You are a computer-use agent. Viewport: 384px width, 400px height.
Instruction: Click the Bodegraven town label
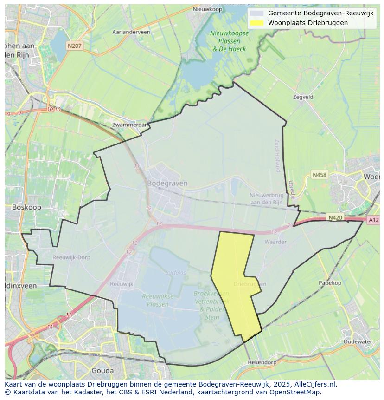click(x=167, y=183)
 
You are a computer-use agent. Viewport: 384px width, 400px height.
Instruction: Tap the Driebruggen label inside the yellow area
click(x=250, y=284)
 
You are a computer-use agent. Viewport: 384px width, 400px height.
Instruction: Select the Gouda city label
click(x=102, y=371)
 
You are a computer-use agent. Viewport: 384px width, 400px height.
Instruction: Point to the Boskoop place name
click(x=26, y=207)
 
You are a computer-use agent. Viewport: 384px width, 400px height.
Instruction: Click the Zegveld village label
click(x=303, y=97)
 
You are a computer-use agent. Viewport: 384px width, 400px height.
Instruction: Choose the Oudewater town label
click(x=358, y=341)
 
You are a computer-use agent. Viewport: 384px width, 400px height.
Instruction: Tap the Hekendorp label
click(x=262, y=362)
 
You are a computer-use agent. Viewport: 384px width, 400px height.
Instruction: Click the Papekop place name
click(x=330, y=283)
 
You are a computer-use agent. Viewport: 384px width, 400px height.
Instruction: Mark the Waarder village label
click(x=275, y=242)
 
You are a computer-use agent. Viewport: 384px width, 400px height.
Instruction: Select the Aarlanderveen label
click(x=131, y=32)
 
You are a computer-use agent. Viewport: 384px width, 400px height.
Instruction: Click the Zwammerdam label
click(x=130, y=125)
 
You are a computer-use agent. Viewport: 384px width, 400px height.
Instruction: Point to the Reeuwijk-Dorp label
click(x=71, y=257)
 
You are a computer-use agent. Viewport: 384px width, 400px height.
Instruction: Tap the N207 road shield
click(x=75, y=46)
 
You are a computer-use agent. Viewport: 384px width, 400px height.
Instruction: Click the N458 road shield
click(x=320, y=175)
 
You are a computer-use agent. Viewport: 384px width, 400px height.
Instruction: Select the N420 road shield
click(x=335, y=217)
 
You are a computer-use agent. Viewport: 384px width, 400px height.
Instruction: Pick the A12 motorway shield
click(x=373, y=220)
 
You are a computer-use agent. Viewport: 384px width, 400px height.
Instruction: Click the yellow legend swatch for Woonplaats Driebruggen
click(x=256, y=23)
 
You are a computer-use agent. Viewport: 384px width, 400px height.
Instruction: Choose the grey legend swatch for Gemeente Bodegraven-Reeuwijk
click(x=256, y=13)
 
